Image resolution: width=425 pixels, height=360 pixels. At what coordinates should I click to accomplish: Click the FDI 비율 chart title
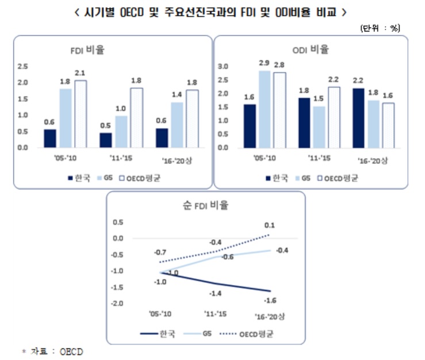tap(87, 50)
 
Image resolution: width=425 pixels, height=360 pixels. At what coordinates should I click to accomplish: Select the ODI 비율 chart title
tap(311, 49)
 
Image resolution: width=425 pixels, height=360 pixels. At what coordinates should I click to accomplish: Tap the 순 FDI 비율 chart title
tap(206, 205)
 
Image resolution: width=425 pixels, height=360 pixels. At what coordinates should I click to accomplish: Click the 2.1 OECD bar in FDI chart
tap(81, 114)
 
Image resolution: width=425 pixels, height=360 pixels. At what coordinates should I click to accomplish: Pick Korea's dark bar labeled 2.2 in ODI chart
tap(358, 118)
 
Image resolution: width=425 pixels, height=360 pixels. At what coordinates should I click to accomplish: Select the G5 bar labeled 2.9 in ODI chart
tap(265, 109)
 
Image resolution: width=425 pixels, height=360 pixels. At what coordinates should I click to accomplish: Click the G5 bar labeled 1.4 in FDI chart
tap(177, 125)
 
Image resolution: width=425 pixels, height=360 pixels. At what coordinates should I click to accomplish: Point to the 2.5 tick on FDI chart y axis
tap(23, 66)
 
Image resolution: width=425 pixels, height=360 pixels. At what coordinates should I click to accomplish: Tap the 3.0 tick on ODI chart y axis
tap(223, 66)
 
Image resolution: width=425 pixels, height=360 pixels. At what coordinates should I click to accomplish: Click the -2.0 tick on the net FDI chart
tap(117, 303)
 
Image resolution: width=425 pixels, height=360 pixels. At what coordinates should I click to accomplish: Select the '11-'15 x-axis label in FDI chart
tap(121, 158)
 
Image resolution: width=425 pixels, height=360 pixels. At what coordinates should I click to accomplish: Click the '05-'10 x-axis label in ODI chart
tap(265, 158)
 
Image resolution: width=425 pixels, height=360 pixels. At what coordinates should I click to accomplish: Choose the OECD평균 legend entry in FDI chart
tap(140, 178)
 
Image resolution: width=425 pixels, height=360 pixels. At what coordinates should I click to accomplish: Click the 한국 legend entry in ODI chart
tap(277, 178)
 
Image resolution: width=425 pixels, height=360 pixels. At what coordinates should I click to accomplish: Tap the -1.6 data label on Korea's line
tap(270, 300)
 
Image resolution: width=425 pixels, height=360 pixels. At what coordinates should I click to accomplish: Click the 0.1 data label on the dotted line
tap(269, 225)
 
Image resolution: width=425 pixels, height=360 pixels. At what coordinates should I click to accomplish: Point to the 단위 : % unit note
tap(380, 28)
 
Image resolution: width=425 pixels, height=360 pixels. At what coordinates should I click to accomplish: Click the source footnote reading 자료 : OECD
tap(53, 351)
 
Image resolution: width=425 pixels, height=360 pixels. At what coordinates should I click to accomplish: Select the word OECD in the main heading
tap(132, 12)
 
